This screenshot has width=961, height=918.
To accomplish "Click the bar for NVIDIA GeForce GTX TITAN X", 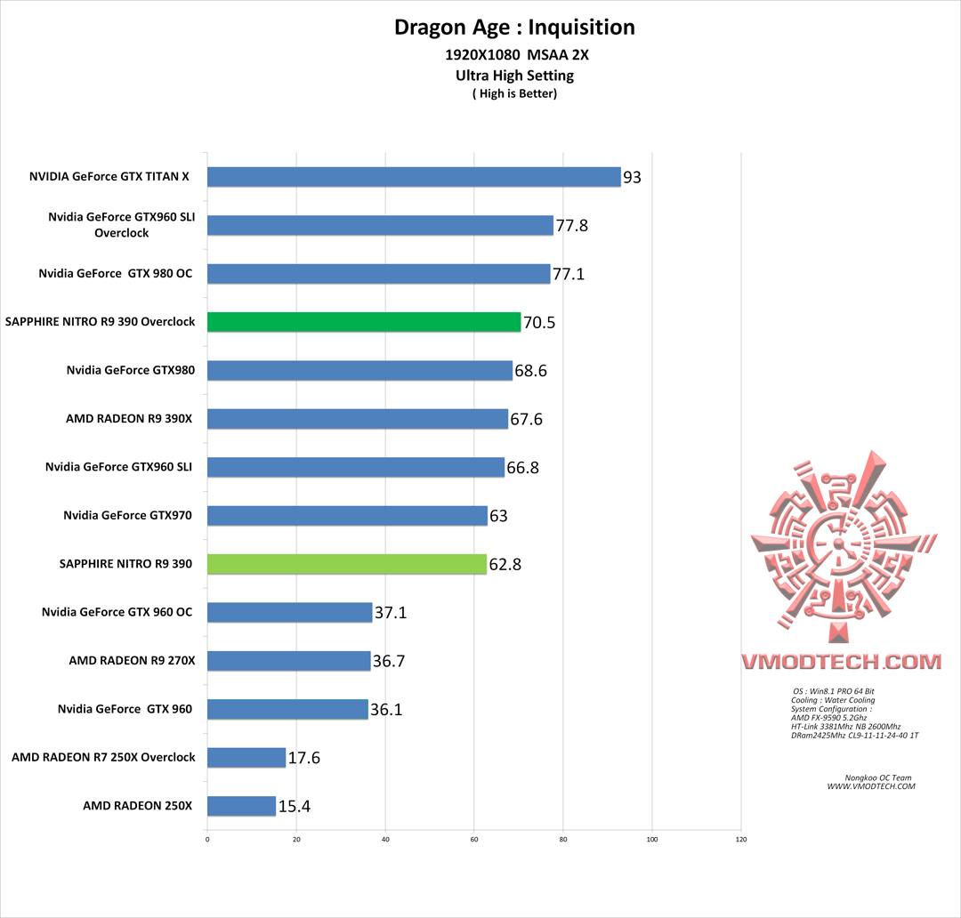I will pos(414,177).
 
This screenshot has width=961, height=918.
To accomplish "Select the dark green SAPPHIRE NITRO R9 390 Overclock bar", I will pos(364,322).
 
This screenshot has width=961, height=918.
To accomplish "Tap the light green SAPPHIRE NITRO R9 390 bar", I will pos(347,564).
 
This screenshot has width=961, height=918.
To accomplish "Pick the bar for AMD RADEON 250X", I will pos(242,806).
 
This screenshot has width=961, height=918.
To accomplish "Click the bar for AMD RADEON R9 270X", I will pos(289,661).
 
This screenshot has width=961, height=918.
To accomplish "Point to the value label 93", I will pos(632,178).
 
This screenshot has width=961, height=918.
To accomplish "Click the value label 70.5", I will pos(539,323).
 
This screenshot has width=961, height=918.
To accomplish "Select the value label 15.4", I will pos(295,807).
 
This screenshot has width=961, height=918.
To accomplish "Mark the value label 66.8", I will pos(522,468).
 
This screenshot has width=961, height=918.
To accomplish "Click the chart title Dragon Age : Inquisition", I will pos(514,28).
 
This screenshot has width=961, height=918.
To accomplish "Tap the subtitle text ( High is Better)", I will pos(514,93).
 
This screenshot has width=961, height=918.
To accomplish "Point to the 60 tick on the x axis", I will pos(474,839).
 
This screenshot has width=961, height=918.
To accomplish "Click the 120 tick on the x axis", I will pos(741,839).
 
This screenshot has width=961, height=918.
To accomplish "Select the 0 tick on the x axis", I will pos(207,839).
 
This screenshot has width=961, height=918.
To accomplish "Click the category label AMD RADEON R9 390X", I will pos(129,418).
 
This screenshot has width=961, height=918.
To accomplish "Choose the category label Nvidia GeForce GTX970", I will pos(128,515).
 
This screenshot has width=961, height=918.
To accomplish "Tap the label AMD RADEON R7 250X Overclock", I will pos(103,757).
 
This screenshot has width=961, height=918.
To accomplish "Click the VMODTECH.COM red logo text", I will pos(841,662).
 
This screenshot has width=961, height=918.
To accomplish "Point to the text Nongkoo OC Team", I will pos(871,778).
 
